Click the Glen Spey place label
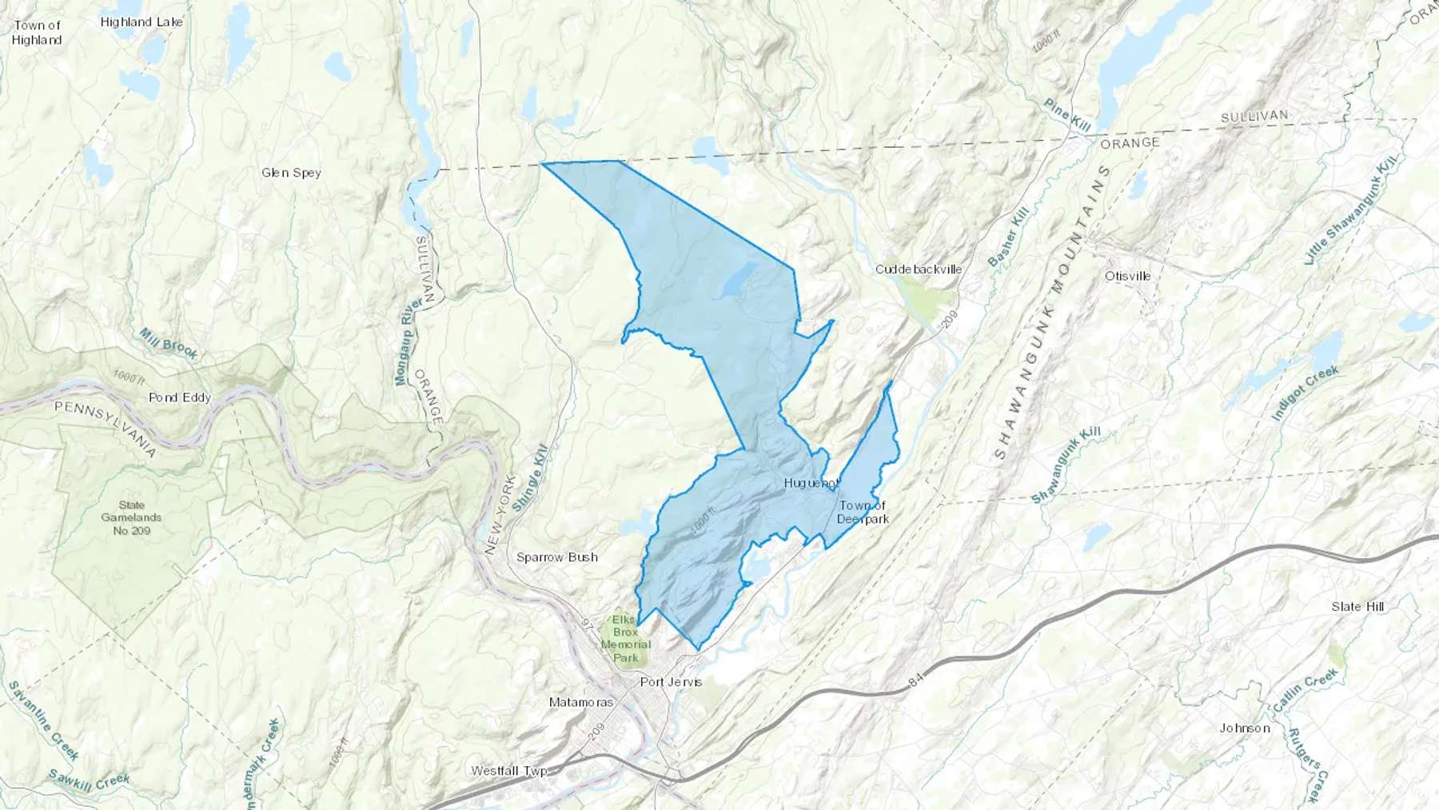(291, 172)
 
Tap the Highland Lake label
(142, 22)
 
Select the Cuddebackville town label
(918, 269)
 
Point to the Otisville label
(1127, 276)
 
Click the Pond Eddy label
(180, 397)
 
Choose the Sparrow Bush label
(556, 557)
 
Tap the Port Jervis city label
(671, 682)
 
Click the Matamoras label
(581, 702)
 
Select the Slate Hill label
(1357, 606)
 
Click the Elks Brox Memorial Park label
(625, 639)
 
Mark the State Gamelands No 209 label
(131, 517)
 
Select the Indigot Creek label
(1305, 393)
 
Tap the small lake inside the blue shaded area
(735, 281)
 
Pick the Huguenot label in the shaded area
(811, 483)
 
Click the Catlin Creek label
(1305, 690)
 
